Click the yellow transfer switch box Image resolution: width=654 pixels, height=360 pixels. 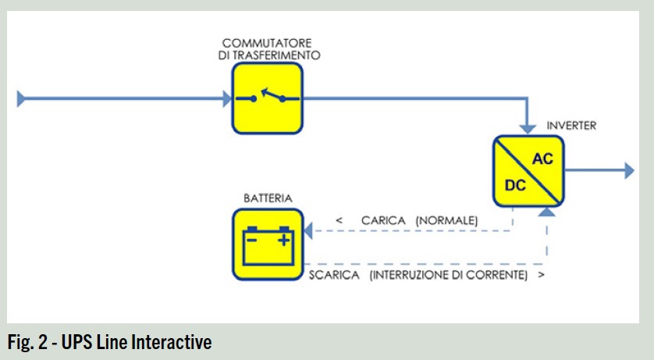[267, 98]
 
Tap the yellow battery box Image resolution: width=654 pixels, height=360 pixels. [267, 244]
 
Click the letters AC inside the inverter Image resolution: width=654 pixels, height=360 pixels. [542, 159]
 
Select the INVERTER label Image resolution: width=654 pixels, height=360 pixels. [571, 126]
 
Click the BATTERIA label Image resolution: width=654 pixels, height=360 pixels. [268, 198]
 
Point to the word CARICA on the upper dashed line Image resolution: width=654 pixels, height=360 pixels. [383, 221]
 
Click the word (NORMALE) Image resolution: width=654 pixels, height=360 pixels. [446, 221]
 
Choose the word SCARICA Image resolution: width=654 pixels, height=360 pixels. [334, 276]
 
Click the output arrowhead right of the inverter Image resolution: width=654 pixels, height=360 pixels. [629, 170]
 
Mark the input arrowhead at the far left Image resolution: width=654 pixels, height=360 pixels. [22, 98]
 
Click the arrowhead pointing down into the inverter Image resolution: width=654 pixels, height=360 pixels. [528, 128]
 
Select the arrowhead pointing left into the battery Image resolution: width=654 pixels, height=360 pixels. [307, 230]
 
